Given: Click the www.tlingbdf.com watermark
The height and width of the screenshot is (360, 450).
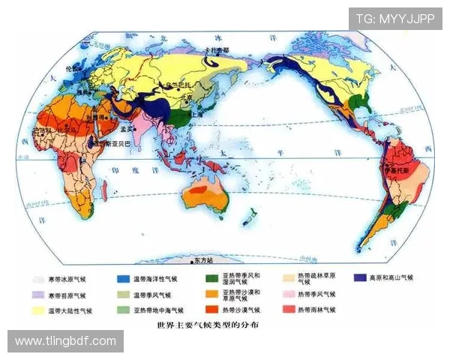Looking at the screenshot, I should click(65, 341).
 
